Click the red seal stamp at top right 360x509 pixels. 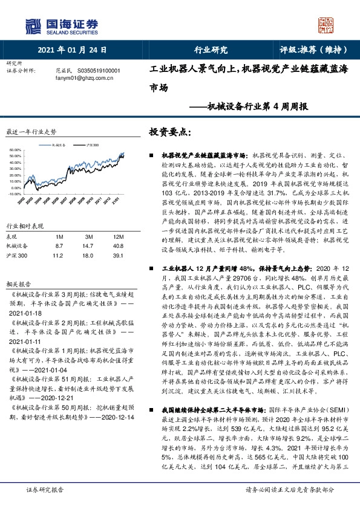pos(326,25)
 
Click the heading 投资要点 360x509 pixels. pos(171,132)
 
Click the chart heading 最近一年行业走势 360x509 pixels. pos(31,131)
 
